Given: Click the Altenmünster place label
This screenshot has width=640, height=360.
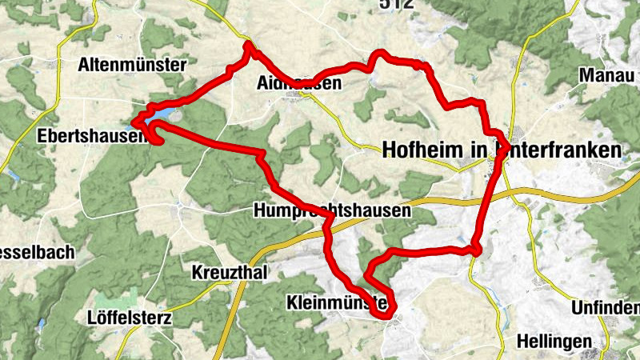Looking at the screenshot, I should [132, 65].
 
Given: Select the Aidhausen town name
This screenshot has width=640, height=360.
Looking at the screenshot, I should [299, 83].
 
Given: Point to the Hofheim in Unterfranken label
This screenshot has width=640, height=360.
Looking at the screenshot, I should [502, 150].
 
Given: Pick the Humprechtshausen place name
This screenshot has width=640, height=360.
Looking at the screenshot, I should [332, 211].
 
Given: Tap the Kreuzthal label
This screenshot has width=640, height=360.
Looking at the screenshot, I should [230, 272].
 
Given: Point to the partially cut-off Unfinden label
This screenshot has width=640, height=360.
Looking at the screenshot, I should [606, 308].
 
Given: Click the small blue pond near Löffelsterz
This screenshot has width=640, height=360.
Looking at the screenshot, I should [41, 324].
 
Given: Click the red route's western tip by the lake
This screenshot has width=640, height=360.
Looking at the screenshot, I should [134, 122].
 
